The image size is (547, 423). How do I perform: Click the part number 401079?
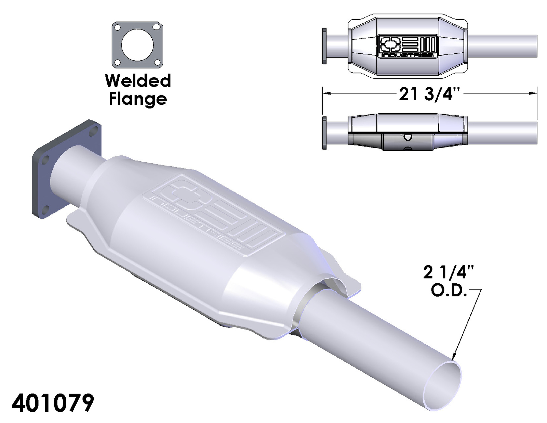point(53,403)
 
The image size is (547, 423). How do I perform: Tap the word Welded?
point(138,81)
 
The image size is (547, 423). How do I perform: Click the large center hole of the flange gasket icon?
point(137,45)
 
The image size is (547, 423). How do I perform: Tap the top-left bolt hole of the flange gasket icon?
point(118,27)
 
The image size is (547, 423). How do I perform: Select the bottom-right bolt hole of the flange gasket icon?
point(157,62)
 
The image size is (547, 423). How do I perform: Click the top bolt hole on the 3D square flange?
point(95,129)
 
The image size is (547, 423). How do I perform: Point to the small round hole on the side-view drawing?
point(408,137)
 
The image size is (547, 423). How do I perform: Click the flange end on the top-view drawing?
point(324,46)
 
